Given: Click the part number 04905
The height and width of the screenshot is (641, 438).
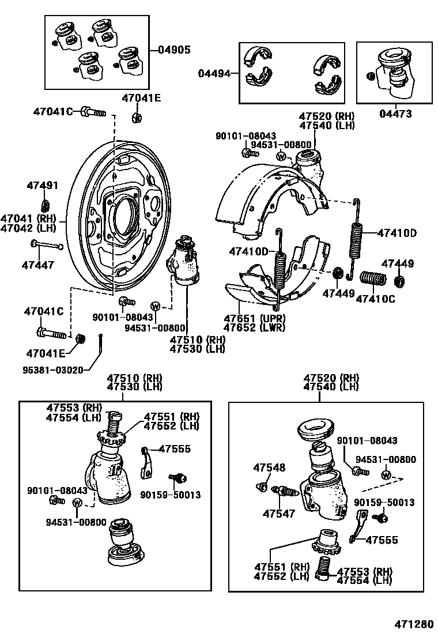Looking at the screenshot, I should [x=174, y=50].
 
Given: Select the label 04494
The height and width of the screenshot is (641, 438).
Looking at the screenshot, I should [x=214, y=73].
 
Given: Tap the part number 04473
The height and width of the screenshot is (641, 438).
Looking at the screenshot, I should [x=395, y=114].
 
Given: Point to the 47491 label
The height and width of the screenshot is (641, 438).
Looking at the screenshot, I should [x=43, y=185].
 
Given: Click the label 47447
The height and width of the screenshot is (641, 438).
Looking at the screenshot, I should [x=38, y=265].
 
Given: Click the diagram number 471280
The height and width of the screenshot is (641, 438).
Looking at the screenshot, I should [x=413, y=625].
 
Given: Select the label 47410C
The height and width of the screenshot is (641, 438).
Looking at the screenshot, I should [x=375, y=299].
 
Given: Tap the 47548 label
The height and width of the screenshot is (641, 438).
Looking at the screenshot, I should [x=270, y=468].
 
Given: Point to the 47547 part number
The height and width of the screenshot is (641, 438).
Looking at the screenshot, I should [x=279, y=513].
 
